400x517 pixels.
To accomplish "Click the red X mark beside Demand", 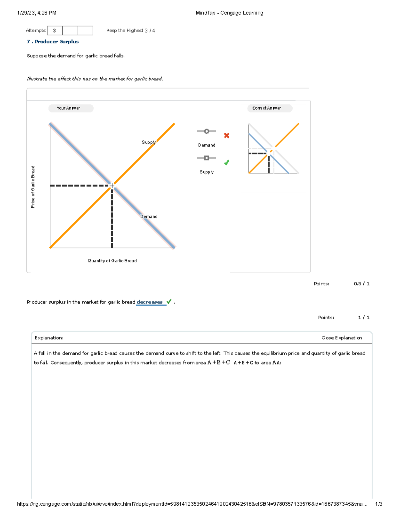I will click(227, 135).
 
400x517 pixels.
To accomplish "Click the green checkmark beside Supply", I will click(227, 162).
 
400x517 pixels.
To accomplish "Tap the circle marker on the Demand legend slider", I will click(207, 131).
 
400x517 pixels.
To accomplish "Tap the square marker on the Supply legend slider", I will click(207, 158).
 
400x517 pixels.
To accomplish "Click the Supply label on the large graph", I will click(148, 142).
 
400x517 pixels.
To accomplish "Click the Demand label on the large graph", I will click(149, 216).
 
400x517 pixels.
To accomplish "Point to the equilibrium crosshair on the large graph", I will click(112, 185).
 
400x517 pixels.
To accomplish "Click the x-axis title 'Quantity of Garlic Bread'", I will click(112, 261).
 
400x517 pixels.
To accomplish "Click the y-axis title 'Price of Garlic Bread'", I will click(33, 187).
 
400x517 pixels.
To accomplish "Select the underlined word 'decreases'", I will click(150, 302).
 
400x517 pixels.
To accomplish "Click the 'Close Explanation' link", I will click(342, 338).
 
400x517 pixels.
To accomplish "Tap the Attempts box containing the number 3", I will click(54, 31).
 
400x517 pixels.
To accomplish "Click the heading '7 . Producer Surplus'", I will click(53, 42).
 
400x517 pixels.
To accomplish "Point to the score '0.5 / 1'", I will click(362, 284).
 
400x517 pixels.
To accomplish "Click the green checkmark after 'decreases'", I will click(169, 302).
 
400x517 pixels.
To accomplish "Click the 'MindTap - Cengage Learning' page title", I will click(229, 13).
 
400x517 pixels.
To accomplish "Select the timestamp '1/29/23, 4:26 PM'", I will click(37, 13).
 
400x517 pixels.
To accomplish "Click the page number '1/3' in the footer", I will click(378, 504).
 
